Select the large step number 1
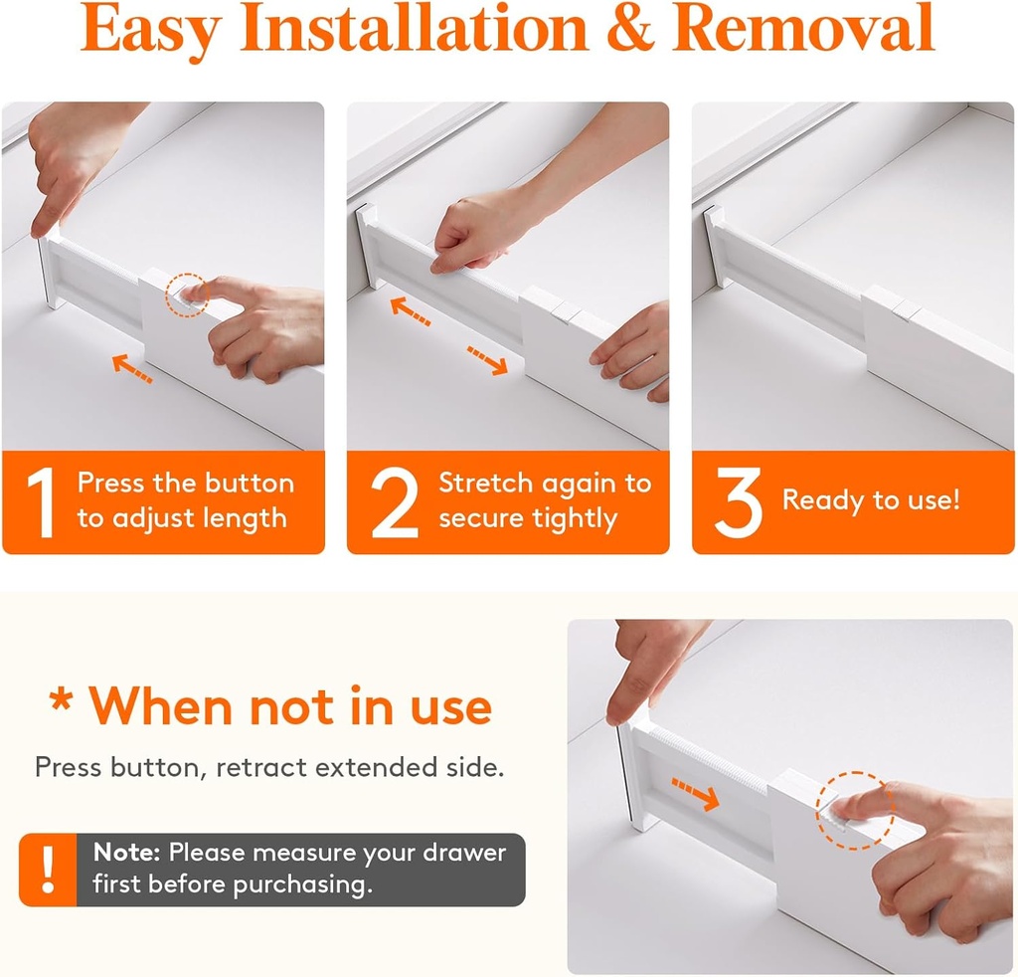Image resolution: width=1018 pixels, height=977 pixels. pos(41,502)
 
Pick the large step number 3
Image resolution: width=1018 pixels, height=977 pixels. pos(738,502)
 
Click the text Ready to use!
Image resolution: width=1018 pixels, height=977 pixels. pos(871,499)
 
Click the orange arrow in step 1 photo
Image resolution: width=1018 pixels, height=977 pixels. pos(132,369)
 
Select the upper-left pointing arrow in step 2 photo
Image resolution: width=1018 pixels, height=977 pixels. pos(410,309)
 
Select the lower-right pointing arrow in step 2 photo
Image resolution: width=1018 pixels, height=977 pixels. pos(487,360)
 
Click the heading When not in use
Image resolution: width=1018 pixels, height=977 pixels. pos(269,705)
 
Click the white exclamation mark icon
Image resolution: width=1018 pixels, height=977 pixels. pos(47,870)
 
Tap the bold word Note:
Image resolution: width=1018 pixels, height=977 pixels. pos(127,853)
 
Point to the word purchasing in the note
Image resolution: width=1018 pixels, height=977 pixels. pos(300,884)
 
